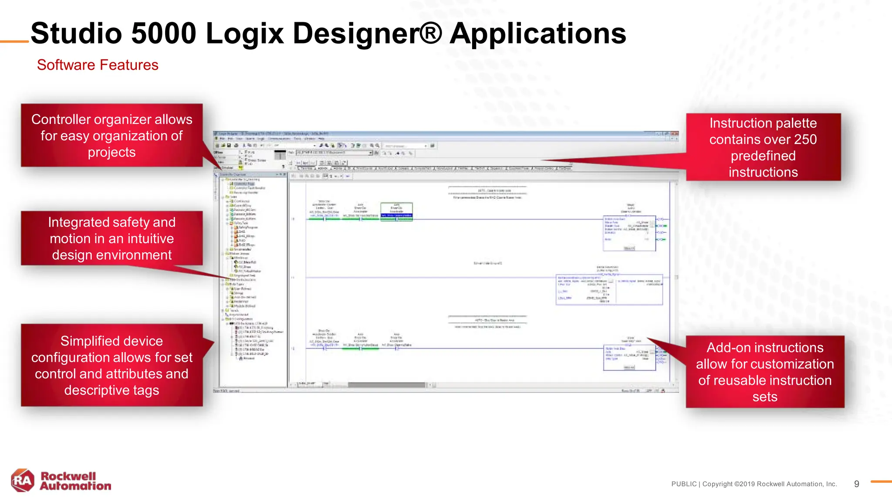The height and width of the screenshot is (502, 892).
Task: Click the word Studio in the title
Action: click(x=76, y=34)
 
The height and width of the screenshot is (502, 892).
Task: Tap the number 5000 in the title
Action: click(x=163, y=34)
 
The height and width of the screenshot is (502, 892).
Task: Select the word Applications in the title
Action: click(x=537, y=34)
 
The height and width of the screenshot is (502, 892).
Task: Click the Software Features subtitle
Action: click(x=98, y=65)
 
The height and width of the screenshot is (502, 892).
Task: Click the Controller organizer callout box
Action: click(x=111, y=136)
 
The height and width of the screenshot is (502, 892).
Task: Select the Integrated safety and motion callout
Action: click(x=111, y=238)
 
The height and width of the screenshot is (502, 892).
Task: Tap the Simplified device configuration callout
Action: click(x=111, y=365)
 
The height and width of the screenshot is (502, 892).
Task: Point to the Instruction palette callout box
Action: click(x=763, y=147)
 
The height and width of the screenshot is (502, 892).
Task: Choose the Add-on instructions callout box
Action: click(x=765, y=372)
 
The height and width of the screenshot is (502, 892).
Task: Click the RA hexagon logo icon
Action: click(x=23, y=480)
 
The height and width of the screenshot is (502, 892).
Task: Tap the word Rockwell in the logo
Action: click(x=68, y=476)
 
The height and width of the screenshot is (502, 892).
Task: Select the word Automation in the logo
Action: click(x=75, y=486)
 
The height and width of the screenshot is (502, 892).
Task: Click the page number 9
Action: click(x=856, y=484)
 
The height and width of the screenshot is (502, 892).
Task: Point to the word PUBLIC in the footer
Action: click(x=684, y=484)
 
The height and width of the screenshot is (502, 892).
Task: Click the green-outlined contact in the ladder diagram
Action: click(x=396, y=212)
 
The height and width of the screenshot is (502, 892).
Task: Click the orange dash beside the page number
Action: click(x=881, y=482)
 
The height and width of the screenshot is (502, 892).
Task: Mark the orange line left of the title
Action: click(x=14, y=42)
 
